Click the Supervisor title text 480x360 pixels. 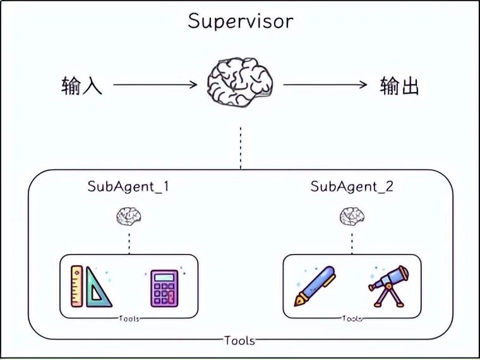pos(240,21)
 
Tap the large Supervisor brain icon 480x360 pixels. pos(241,84)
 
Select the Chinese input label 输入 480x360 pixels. pos(82,85)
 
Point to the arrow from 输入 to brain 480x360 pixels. pos(155,85)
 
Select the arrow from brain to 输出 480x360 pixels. pos(325,85)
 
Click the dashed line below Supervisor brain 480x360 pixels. pos(241,147)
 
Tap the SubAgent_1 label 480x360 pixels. pos(129,188)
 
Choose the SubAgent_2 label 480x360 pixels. pos(352,188)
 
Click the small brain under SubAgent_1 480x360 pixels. pos(129,217)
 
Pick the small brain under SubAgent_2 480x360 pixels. pos(352,217)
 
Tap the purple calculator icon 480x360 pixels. pos(164,288)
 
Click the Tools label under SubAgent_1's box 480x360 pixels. pos(129,319)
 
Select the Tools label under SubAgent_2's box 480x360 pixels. pos(352,319)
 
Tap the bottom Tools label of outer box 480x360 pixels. pos(240,340)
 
